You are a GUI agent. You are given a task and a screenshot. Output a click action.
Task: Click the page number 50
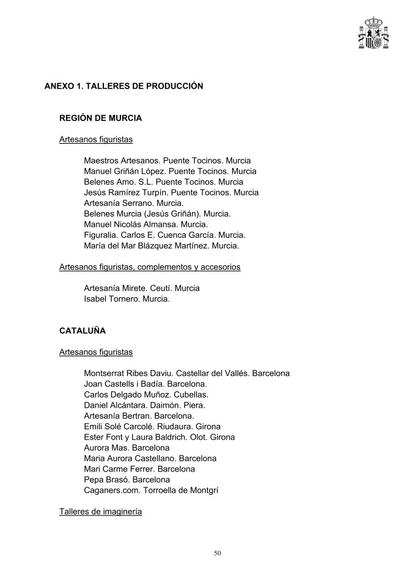pos(218,553)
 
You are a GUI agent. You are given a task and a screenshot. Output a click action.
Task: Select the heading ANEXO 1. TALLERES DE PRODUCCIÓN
pos(123,86)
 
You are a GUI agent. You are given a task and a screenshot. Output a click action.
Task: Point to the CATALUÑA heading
pos(83,331)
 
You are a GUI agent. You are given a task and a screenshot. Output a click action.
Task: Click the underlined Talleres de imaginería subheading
pos(101,511)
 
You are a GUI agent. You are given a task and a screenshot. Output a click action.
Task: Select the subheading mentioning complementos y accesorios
pos(150,267)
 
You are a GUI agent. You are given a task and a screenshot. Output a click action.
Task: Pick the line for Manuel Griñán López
pos(170,171)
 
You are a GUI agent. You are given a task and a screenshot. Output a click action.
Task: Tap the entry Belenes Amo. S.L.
pos(163,182)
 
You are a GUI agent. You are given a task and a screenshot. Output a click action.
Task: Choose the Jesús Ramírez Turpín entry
pos(171,193)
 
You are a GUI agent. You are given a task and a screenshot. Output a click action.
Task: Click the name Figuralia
pos(101,235)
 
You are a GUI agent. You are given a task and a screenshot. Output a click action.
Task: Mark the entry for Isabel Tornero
pos(127,299)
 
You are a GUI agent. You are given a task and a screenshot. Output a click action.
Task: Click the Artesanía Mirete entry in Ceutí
pos(141,288)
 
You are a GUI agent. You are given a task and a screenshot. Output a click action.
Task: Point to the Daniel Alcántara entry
pos(144,405)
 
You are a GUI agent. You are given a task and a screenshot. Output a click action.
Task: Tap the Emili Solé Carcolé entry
pos(152,426)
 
